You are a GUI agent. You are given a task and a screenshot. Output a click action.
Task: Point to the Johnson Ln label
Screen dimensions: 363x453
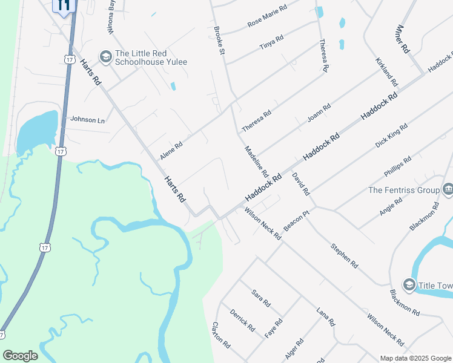click(87, 120)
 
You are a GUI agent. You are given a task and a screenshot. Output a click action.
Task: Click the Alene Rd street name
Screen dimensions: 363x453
click(171, 151)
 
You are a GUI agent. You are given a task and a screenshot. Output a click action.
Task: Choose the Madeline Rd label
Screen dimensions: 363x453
click(256, 162)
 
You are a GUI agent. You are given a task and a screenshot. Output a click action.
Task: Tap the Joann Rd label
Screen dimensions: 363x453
click(319, 113)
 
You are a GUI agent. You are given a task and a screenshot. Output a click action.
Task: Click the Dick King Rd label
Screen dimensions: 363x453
click(391, 136)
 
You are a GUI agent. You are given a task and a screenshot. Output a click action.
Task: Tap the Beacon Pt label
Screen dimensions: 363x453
click(296, 224)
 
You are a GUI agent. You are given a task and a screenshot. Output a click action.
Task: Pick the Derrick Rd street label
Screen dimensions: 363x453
click(242, 320)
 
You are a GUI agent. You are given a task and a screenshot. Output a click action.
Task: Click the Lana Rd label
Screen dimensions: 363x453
click(326, 316)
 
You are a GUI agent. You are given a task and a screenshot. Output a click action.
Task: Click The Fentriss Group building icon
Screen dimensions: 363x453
click(448, 190)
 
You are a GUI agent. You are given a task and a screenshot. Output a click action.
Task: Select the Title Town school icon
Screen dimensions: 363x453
click(409, 285)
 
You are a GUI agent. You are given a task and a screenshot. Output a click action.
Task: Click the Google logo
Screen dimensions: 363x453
click(21, 356)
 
